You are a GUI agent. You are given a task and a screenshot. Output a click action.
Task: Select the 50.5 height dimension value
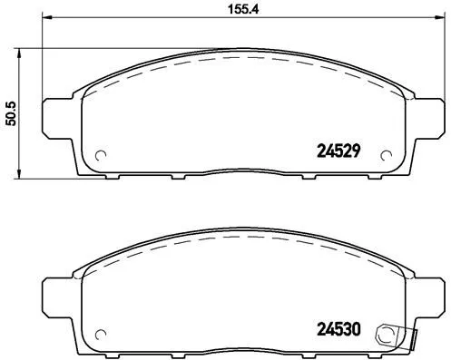coord(11,112)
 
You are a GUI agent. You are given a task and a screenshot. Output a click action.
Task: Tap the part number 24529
coord(339,152)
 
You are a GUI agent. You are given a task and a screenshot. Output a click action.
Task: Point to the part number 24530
coord(339,331)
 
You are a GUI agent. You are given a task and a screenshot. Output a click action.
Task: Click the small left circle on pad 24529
coord(101,152)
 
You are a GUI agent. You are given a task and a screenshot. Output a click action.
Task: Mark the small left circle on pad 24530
coord(101,331)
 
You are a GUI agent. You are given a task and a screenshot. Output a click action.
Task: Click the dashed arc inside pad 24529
coord(240,60)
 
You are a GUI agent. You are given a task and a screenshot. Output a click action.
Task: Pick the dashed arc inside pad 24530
coord(240,239)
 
